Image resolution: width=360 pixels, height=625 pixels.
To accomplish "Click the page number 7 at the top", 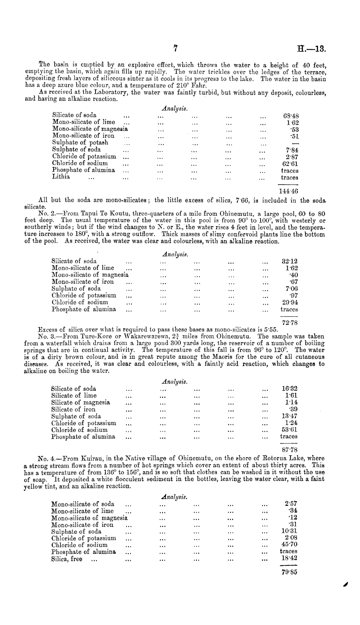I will pyautogui.click(x=176, y=48).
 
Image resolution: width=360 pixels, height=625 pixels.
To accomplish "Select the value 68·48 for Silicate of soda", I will pyautogui.click(x=288, y=116).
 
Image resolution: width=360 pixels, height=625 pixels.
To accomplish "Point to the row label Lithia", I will pyautogui.click(x=61, y=177).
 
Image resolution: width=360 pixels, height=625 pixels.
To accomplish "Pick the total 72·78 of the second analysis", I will pyautogui.click(x=290, y=323).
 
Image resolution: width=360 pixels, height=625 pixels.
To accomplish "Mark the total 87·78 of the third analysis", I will pyautogui.click(x=289, y=450).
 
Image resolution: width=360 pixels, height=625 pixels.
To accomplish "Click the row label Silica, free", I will pyautogui.click(x=67, y=559).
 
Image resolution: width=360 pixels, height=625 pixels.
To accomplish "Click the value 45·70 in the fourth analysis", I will pyautogui.click(x=289, y=545).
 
